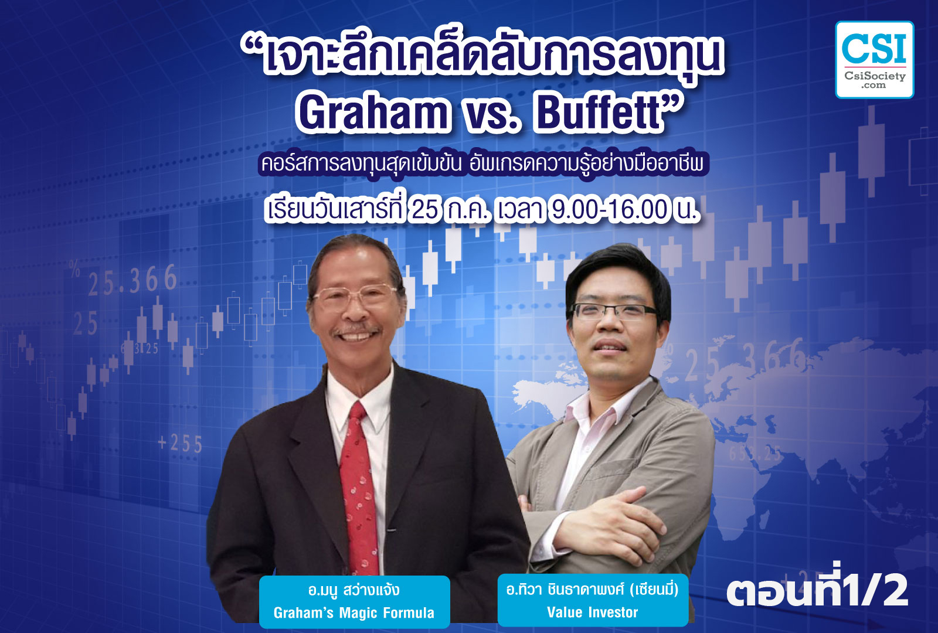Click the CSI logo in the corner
coord(874,60)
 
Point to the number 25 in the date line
coord(426,210)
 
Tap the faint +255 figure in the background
coord(180,444)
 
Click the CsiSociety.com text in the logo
coord(875,80)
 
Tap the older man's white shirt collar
coord(360,393)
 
